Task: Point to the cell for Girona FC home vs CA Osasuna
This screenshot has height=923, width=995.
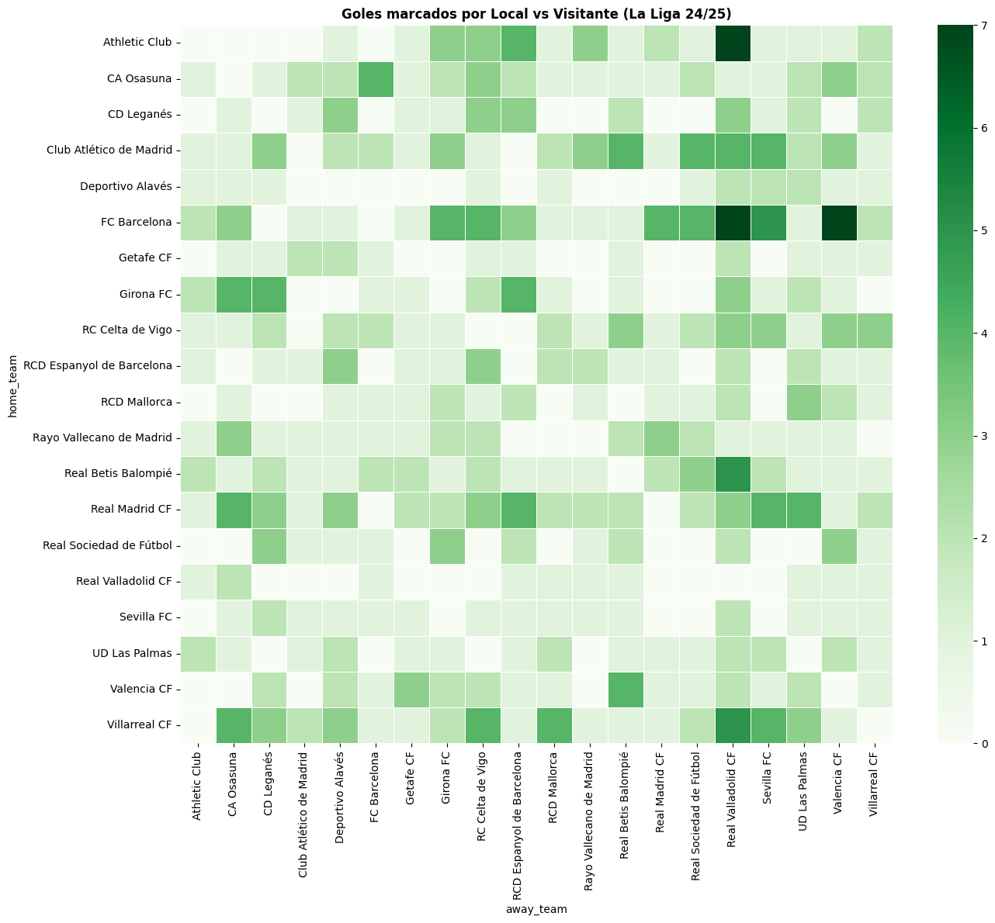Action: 233,295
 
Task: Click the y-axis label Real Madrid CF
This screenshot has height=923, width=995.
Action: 132,510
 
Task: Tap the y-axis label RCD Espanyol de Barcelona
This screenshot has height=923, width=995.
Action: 98,366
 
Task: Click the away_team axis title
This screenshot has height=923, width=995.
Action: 536,909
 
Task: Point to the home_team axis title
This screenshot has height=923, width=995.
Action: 12,384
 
